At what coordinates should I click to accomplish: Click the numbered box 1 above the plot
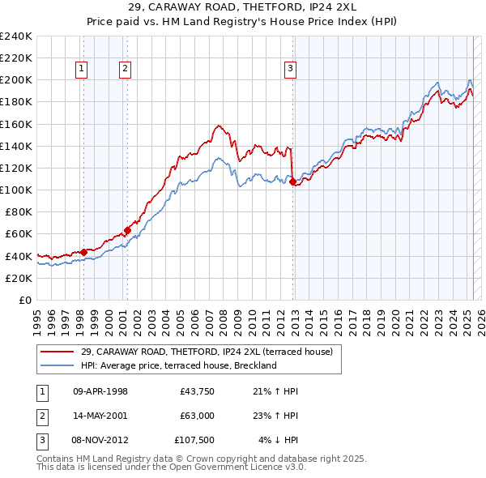coord(83,70)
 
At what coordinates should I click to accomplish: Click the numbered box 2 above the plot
coord(126,70)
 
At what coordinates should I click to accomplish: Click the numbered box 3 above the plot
coord(290,70)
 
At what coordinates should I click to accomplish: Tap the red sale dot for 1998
coord(83,252)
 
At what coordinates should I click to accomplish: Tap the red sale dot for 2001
coord(127,231)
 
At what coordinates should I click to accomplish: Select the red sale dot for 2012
coord(292,182)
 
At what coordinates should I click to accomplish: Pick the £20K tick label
coord(19,278)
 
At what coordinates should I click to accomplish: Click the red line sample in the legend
coord(57,352)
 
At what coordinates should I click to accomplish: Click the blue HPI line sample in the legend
coord(57,365)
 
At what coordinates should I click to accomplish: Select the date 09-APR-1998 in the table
coord(100,391)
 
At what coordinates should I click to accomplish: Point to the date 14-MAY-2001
coord(100,416)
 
